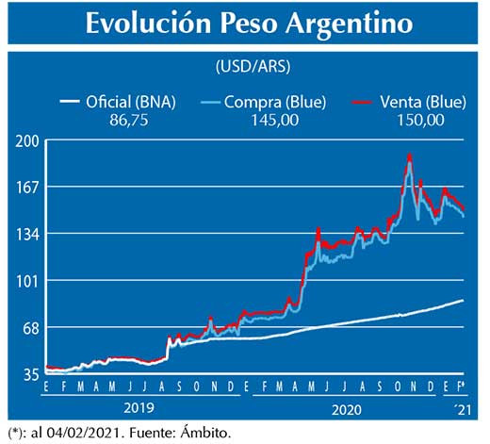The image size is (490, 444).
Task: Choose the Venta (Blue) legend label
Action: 419,101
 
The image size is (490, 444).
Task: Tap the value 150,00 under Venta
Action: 419,119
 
